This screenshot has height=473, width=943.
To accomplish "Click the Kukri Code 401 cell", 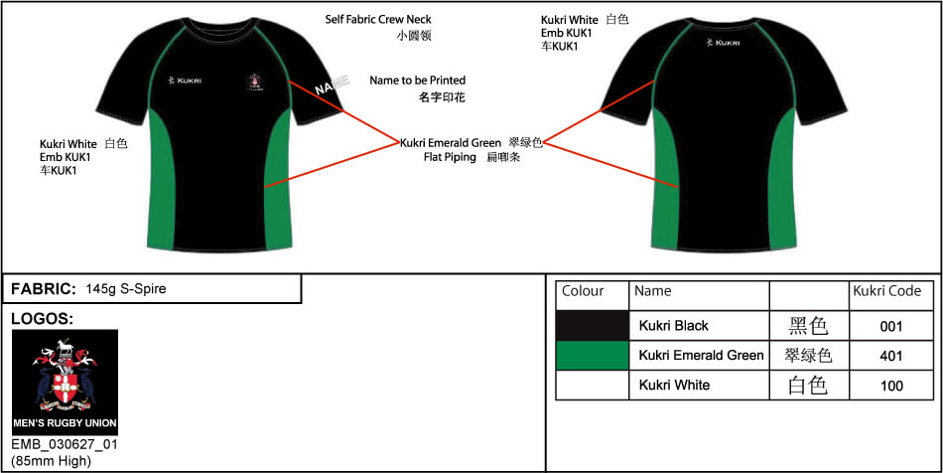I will click(x=891, y=355).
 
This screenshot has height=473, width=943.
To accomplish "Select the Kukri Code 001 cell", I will click(x=891, y=326).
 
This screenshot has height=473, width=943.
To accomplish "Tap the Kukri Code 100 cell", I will click(x=891, y=385).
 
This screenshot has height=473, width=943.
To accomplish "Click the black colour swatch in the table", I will click(x=593, y=326).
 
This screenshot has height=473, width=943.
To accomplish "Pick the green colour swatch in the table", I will click(x=593, y=355).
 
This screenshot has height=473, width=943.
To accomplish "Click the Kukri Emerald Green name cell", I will click(x=701, y=355).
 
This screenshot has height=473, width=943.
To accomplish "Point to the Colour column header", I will click(x=583, y=291).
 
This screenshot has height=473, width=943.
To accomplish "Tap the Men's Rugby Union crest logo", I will click(x=65, y=382).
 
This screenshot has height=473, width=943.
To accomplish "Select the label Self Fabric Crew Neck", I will click(x=378, y=19).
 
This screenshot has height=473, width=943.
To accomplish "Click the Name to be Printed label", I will click(x=417, y=80).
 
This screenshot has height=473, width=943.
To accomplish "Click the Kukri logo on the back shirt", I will click(x=724, y=43).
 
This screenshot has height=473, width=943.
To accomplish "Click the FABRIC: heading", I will click(x=44, y=289).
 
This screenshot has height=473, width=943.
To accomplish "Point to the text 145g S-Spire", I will click(x=126, y=289).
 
